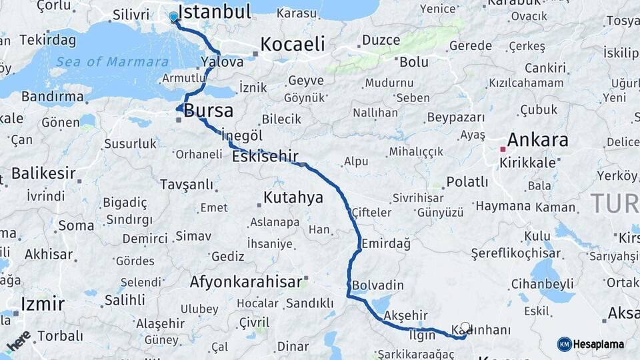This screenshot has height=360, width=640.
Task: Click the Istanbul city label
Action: coord(215,12)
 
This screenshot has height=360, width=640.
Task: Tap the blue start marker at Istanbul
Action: coord(173,17)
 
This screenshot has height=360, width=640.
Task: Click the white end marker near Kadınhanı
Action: coord(465,327)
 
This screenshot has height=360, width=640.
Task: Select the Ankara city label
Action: coord(537,140)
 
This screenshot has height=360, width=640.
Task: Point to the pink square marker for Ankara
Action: coord(503,149)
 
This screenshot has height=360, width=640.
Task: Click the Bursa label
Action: coord(208,111)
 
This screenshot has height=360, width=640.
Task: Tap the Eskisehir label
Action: coord(265,157)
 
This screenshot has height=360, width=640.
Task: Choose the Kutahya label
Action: coord(293,197)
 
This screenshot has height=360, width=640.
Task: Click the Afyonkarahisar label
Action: coord(246,282)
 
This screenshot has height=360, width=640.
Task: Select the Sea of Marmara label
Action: coord(112,62)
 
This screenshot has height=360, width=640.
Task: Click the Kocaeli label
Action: coord(292,45)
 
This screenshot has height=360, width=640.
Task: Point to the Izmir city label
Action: coord(43,305)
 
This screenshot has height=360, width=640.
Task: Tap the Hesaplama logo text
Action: coord(599,344)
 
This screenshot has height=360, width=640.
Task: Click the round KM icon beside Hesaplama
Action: coord(564,344)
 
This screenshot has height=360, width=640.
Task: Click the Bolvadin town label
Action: coord(377,285)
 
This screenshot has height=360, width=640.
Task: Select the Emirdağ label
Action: coord(386,244)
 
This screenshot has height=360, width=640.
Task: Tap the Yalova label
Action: coord(222,62)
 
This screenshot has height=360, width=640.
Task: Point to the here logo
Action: coord(18,341)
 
